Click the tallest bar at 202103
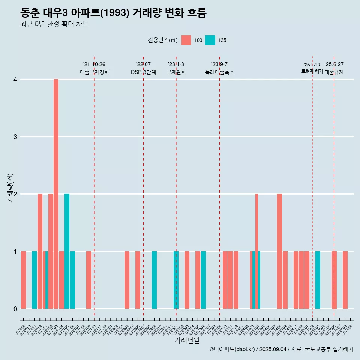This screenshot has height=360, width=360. [56, 194]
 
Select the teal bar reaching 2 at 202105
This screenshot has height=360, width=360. [67, 251]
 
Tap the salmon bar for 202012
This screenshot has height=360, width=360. [40, 251]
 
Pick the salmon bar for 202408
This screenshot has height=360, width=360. [279, 251]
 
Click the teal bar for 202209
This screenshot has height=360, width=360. [154, 280]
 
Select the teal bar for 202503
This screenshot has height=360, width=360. [318, 280]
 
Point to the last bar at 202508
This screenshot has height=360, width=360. [345, 280]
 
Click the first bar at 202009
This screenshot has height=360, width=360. [23, 280]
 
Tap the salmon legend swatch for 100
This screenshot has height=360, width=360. [186, 40]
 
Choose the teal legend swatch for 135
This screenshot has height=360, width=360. [210, 40]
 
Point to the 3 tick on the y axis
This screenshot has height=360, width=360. [15, 137]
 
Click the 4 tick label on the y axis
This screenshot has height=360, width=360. [15, 79]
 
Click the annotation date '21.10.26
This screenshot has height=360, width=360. [94, 64]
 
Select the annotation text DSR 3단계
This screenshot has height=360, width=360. [143, 72]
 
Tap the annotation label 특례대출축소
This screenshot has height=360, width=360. [219, 72]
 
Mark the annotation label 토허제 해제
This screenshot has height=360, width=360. [312, 71]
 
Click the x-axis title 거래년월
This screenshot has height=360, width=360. [187, 340]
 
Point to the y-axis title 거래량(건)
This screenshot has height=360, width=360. [10, 187]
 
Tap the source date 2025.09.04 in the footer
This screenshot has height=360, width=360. [273, 349]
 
